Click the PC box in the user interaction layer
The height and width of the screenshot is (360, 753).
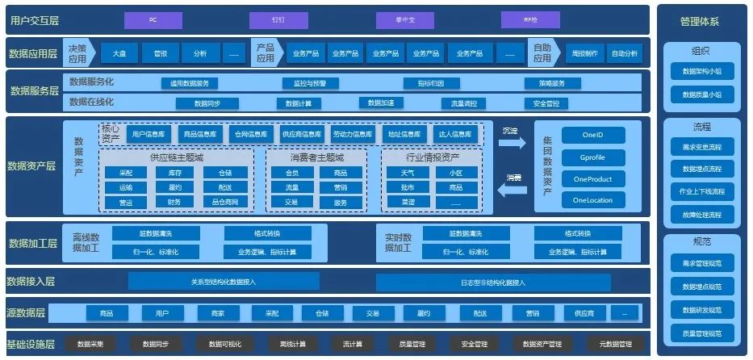(x=153, y=19)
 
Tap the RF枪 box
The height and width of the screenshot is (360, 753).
(x=530, y=19)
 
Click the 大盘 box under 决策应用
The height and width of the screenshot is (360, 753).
(x=119, y=53)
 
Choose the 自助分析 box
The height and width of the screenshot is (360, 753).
(x=624, y=53)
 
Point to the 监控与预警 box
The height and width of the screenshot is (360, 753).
(x=304, y=83)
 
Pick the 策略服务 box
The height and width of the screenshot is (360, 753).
(x=551, y=83)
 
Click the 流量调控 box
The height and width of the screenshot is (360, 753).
(x=463, y=103)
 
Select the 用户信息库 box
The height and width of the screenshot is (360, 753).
(x=149, y=134)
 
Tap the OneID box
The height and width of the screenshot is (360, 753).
(x=592, y=136)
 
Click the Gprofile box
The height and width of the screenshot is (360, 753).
(x=592, y=157)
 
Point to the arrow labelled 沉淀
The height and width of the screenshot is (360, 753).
(x=511, y=142)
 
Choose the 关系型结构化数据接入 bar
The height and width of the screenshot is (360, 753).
(x=223, y=282)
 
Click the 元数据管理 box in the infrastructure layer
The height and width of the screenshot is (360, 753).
(x=608, y=345)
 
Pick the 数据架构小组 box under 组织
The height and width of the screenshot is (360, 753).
(x=701, y=72)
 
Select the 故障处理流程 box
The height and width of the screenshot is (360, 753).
(x=701, y=215)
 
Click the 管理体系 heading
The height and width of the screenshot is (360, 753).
(x=700, y=22)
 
